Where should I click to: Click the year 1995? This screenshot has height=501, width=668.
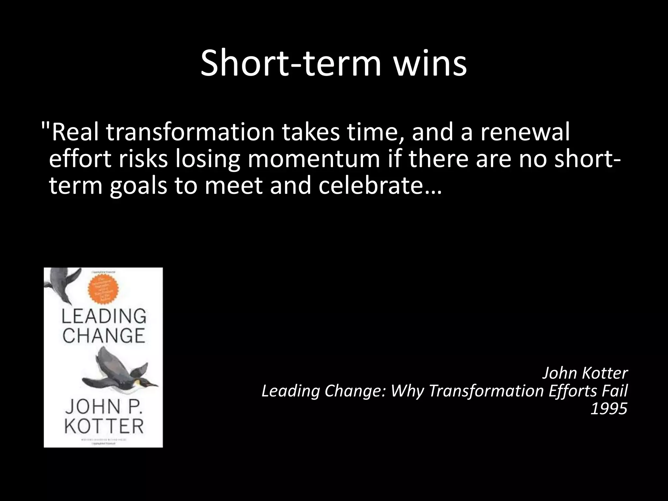coord(609,408)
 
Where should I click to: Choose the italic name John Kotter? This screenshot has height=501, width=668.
coord(585,373)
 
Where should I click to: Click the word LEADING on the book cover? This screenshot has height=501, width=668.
coord(104,316)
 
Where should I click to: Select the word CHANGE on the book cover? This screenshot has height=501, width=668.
coord(104,336)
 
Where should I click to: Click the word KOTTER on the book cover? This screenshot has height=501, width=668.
coord(104,426)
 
